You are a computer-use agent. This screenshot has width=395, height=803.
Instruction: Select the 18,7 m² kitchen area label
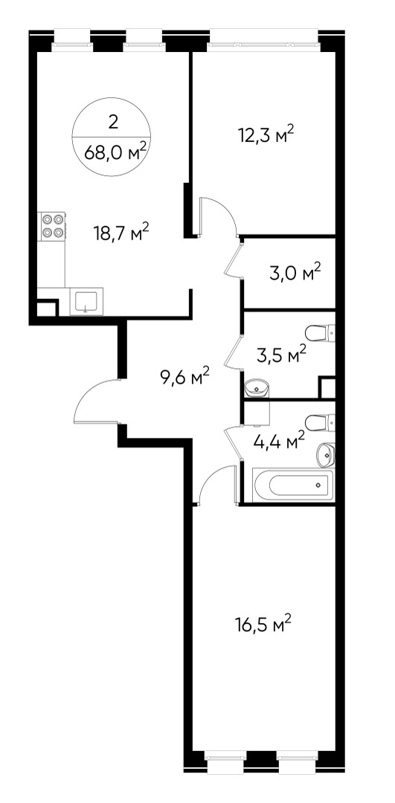[x=121, y=233]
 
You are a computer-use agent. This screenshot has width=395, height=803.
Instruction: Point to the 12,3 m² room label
[x=266, y=135]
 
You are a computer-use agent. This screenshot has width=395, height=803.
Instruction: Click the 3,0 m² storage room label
[x=295, y=272]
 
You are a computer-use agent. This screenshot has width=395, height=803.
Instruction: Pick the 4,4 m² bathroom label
[x=279, y=440]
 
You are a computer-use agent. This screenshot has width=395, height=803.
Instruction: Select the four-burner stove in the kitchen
[x=52, y=226]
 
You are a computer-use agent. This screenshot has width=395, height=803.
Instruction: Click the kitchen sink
[x=86, y=301]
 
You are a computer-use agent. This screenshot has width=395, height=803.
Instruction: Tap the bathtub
[x=293, y=485]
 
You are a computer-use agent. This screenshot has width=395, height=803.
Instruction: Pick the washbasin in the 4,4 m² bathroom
[x=326, y=455]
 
